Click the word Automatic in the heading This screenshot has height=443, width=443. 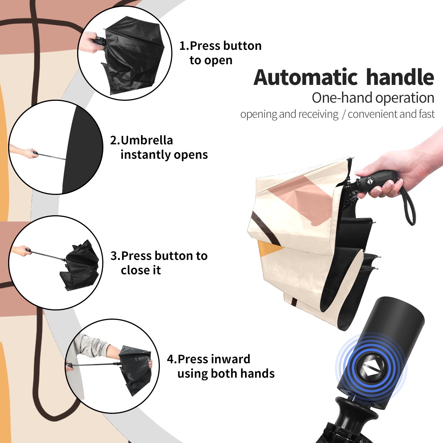coord(306,78)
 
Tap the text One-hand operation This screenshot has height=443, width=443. coord(373,98)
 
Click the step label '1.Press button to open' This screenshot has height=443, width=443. coord(220,53)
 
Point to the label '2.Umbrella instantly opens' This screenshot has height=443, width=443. coord(159,148)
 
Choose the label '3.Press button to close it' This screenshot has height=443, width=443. coord(159,263)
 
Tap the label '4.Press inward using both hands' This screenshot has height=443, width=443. coord(221,366)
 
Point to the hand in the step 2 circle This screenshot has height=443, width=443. coord(24,152)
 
